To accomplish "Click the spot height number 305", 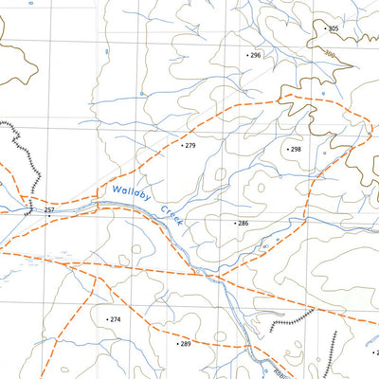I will click(x=333, y=29).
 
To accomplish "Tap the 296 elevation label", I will click(x=255, y=56).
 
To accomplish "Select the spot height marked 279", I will click(x=189, y=146).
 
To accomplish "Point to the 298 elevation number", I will click(x=296, y=150).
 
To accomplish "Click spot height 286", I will click(x=243, y=224).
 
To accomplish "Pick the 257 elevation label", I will click(x=49, y=209).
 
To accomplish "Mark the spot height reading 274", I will click(x=116, y=320).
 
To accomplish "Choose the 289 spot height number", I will click(x=185, y=344).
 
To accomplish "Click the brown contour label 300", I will click(x=330, y=56).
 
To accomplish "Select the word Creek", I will click(x=171, y=215).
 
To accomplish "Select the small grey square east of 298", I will click(x=323, y=153).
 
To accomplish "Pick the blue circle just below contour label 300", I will click(x=323, y=94).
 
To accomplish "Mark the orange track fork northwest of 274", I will click(x=72, y=266).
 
